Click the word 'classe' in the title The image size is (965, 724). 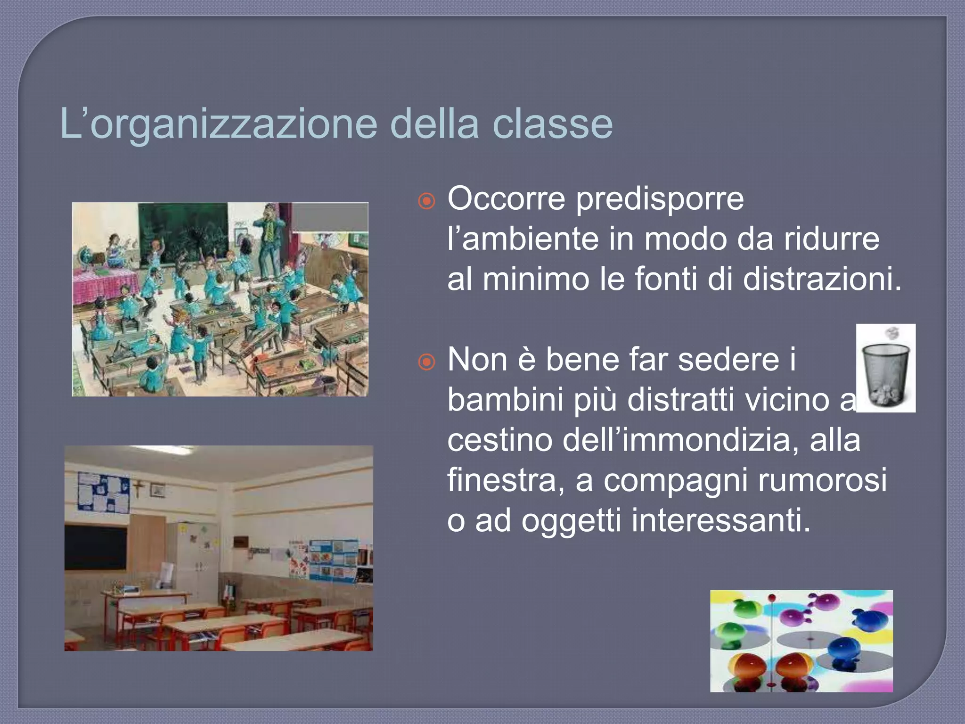point(552,124)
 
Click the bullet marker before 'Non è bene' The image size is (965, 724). point(426,362)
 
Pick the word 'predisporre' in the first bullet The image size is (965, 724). point(660,198)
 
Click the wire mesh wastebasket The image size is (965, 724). point(885,375)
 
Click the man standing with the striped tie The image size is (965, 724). point(269,240)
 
